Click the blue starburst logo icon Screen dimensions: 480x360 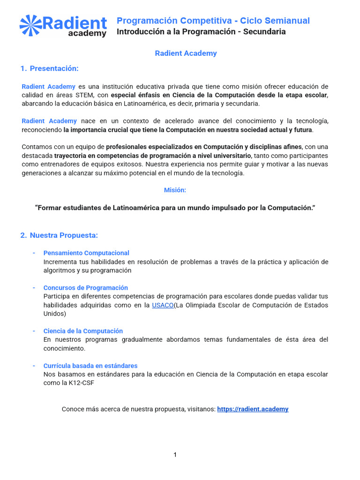pyautogui.click(x=30, y=25)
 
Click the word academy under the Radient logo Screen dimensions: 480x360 pyautogui.click(x=87, y=33)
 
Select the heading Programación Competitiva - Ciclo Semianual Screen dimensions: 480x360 pyautogui.click(x=213, y=21)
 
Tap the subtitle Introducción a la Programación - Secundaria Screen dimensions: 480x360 pyautogui.click(x=201, y=31)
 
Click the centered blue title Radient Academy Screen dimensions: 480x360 pyautogui.click(x=186, y=53)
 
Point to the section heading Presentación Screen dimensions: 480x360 pyautogui.click(x=54, y=68)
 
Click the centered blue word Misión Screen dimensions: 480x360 pyautogui.click(x=175, y=190)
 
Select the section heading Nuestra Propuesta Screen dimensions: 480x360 pyautogui.click(x=64, y=235)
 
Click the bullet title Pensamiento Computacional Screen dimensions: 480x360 pyautogui.click(x=86, y=253)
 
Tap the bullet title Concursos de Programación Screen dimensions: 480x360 pyautogui.click(x=85, y=288)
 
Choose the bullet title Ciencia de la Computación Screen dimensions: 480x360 pyautogui.click(x=83, y=331)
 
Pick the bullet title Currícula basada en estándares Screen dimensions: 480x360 pyautogui.click(x=90, y=366)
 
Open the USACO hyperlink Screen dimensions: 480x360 pyautogui.click(x=163, y=305)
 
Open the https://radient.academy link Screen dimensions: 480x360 pyautogui.click(x=253, y=409)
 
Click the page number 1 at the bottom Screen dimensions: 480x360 pyautogui.click(x=175, y=455)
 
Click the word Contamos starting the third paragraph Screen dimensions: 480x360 pyautogui.click(x=37, y=147)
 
